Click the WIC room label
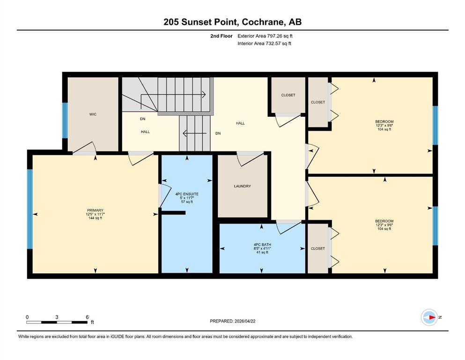coord(93,114)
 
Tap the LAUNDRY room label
coord(242,186)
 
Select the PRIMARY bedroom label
coord(95,210)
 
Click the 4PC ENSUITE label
coord(187,194)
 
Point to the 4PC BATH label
coord(262,245)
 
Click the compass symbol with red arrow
coord(429,317)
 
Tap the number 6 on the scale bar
coord(87,317)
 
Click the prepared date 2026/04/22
coord(244,321)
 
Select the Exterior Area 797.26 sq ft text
coord(265,36)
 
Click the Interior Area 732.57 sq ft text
coord(264,43)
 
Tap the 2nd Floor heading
coord(221,36)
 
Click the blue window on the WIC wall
coord(65,120)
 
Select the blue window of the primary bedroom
coord(30,209)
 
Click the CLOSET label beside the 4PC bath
coord(318,248)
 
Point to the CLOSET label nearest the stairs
coord(288,95)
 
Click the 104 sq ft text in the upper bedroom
coord(384,129)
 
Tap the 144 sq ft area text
coord(95,218)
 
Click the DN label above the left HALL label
coord(143,119)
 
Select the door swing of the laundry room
coord(250,159)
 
